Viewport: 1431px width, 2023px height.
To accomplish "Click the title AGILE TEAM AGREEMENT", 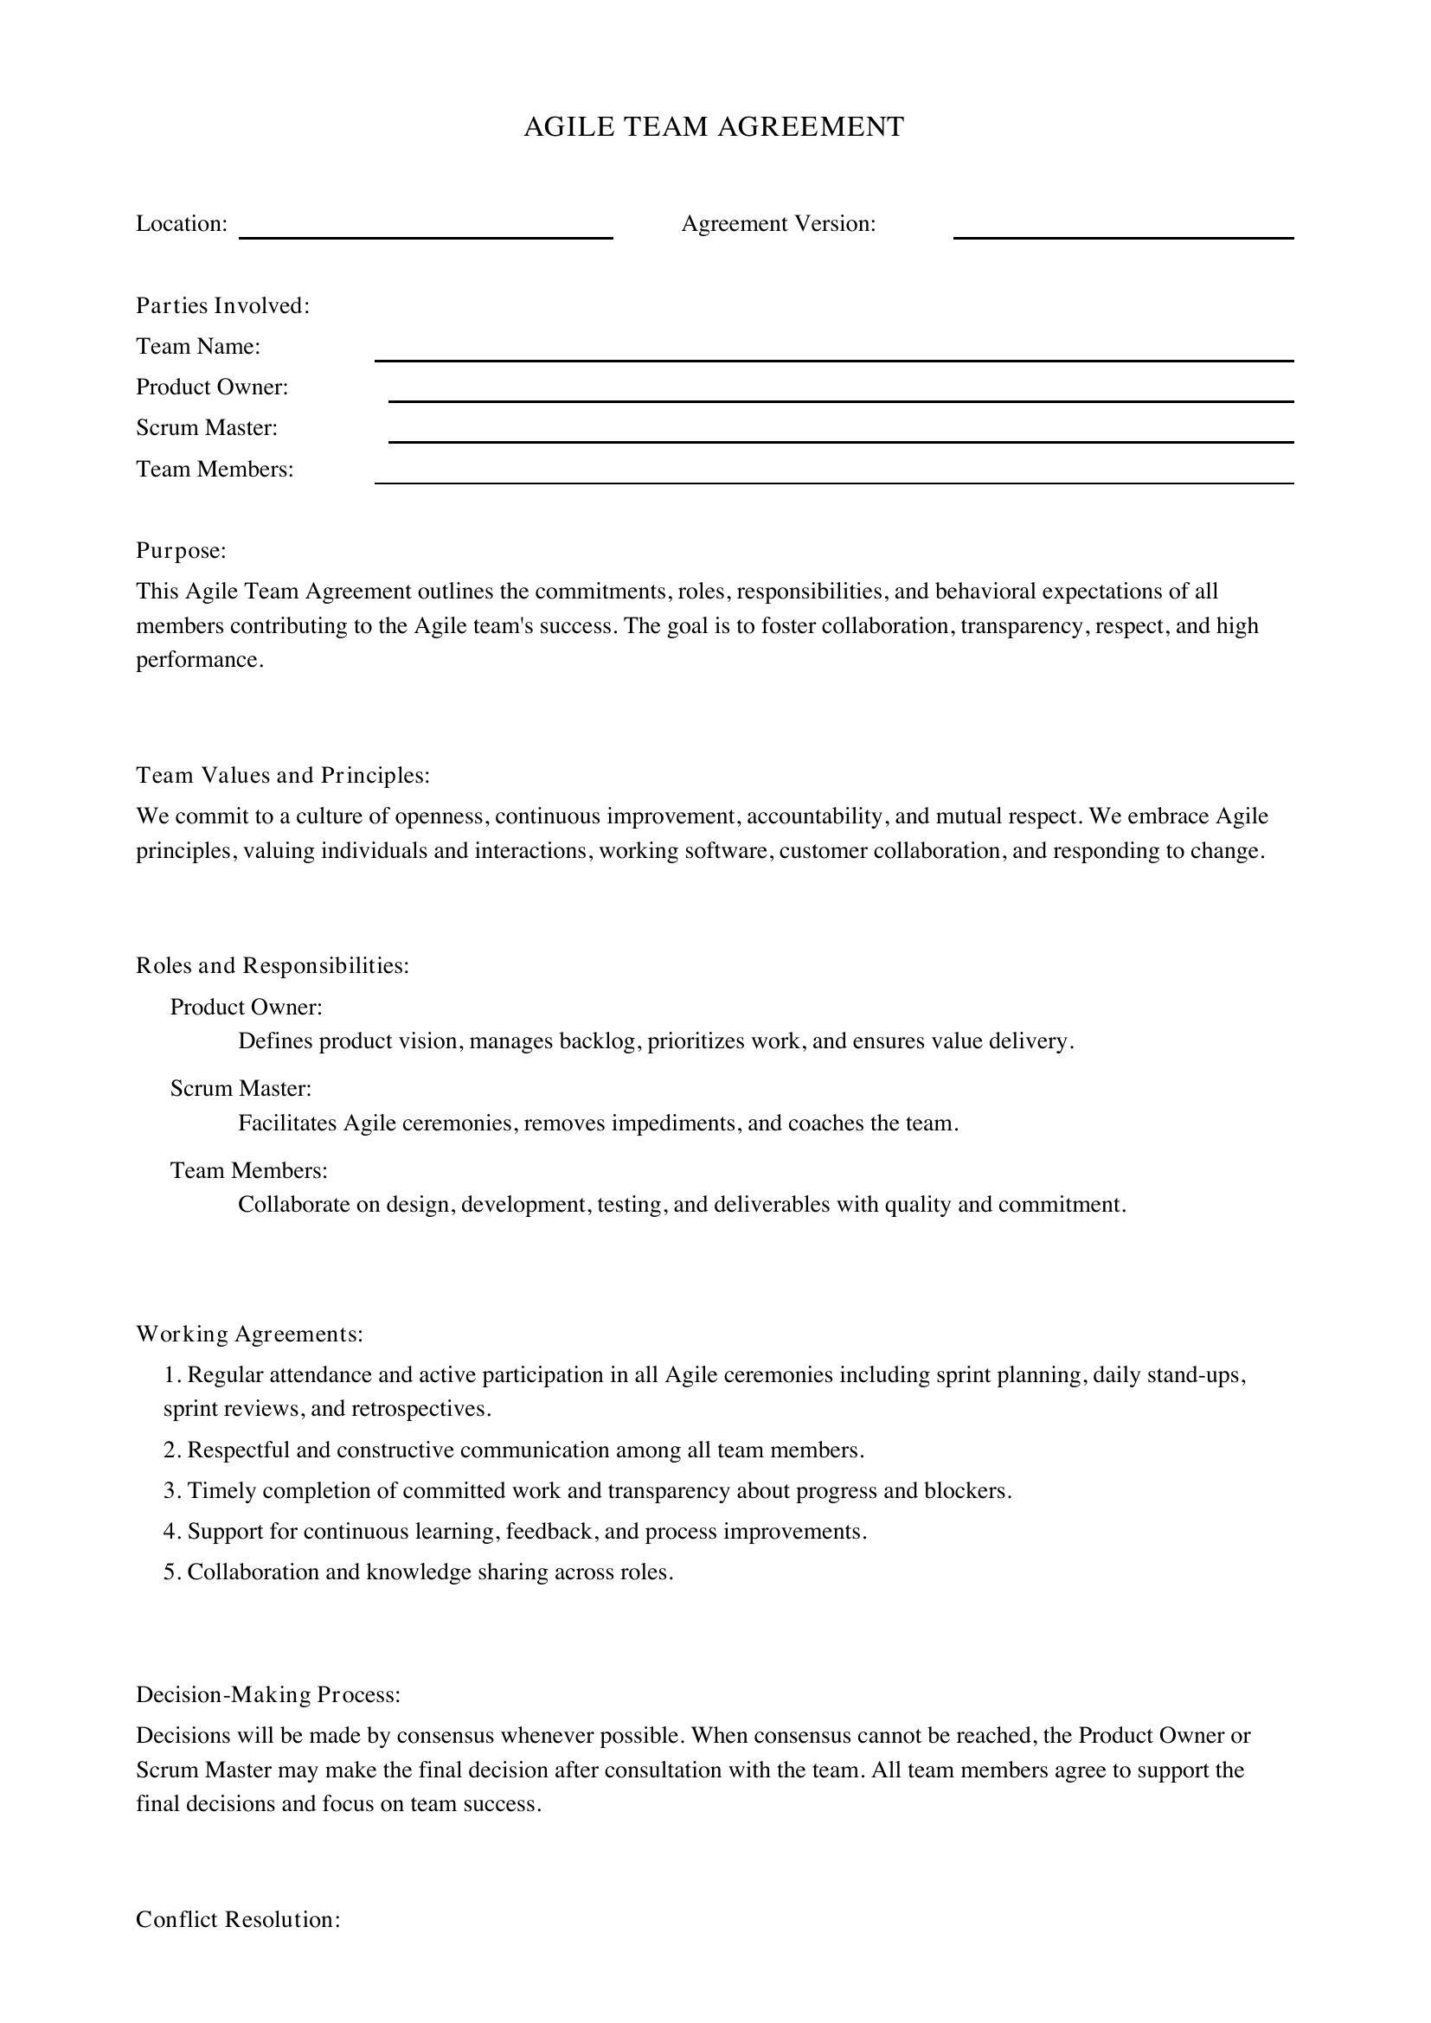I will [x=714, y=127].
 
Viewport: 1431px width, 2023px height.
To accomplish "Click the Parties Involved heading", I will [x=222, y=305].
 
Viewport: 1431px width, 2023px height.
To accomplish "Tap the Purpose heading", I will [x=181, y=551].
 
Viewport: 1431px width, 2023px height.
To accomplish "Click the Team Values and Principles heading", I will [x=282, y=775].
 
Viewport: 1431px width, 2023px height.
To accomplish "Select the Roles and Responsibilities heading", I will [x=273, y=966].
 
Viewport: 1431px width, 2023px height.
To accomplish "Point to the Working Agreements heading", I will [x=249, y=1334].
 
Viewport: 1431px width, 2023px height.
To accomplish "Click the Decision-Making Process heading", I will [x=268, y=1694].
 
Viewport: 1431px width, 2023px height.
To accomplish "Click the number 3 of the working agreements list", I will [x=171, y=1491].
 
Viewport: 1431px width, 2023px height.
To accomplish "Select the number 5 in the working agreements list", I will [x=171, y=1572].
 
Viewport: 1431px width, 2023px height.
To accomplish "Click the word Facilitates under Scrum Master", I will [x=287, y=1124].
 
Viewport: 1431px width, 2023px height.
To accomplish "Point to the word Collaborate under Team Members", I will [x=293, y=1205].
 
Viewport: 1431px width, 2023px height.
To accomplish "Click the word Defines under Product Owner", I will [x=274, y=1041].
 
